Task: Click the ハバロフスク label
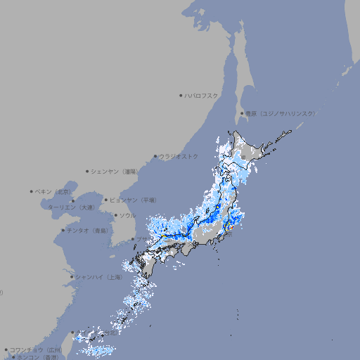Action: (202, 95)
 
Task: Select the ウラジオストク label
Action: (179, 156)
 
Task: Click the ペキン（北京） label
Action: (54, 191)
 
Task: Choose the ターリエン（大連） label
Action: (71, 207)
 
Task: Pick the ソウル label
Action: (127, 215)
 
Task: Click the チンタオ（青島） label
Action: (88, 231)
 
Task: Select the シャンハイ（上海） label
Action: (99, 277)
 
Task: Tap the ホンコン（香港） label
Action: (39, 357)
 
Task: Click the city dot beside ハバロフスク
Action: (181, 95)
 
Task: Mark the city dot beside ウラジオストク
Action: (155, 156)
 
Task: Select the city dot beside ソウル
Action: (115, 215)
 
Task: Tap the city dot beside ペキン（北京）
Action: (32, 191)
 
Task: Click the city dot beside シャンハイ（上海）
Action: (72, 277)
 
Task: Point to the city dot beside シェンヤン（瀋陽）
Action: (87, 171)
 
